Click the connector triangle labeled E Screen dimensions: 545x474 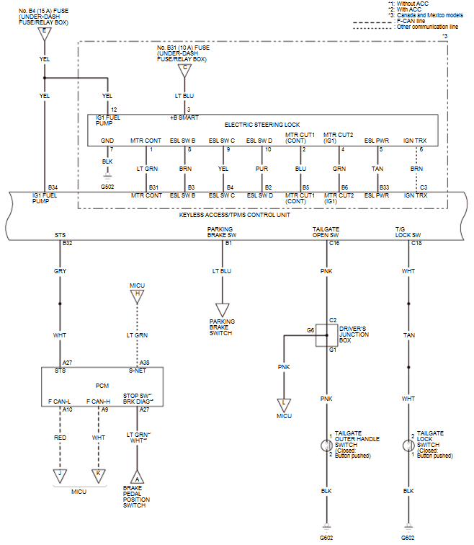[45, 33]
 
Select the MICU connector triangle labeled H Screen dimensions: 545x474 [138, 295]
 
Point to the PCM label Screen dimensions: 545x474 [101, 386]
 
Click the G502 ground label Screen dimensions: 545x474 [107, 187]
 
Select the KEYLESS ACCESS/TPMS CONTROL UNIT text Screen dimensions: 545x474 [235, 215]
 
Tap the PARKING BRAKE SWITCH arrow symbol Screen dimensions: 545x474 [223, 309]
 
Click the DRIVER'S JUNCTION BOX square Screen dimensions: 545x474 [327, 335]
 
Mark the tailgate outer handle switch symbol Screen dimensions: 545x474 [327, 446]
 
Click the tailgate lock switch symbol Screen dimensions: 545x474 [408, 446]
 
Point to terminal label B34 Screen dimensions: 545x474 [53, 187]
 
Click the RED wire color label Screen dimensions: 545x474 [61, 437]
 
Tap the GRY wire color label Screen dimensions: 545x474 [61, 272]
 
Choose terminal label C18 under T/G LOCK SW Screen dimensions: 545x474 [416, 244]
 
